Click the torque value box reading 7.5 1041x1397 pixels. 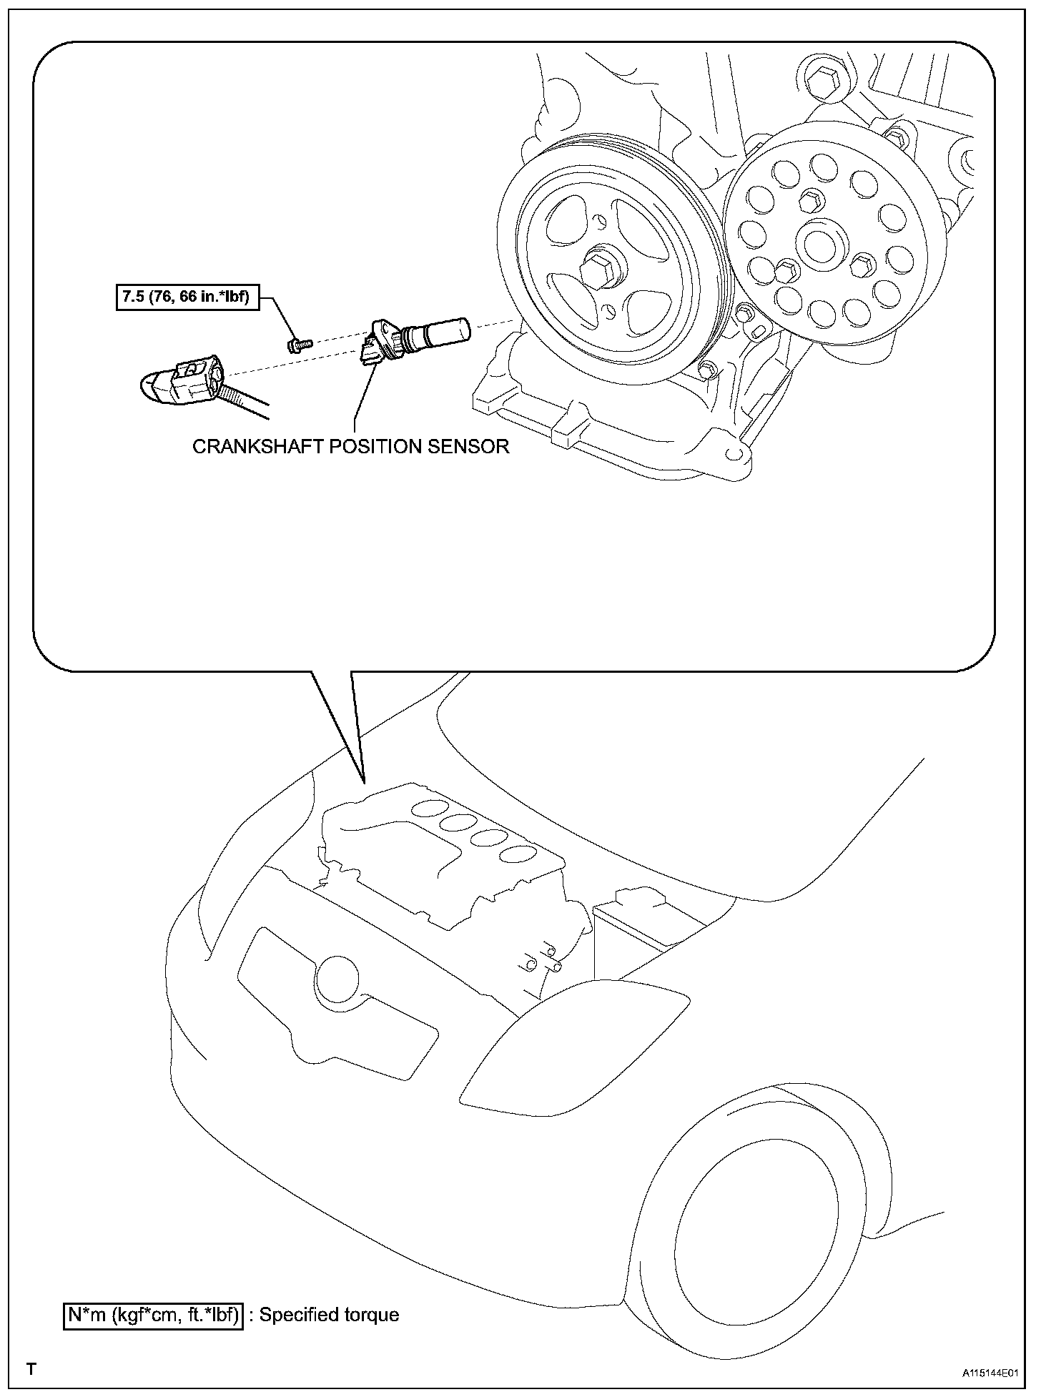pyautogui.click(x=185, y=297)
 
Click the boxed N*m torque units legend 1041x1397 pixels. pyautogui.click(x=153, y=1315)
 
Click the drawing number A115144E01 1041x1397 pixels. pyautogui.click(x=988, y=1373)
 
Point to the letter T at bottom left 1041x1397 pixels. pyautogui.click(x=31, y=1370)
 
